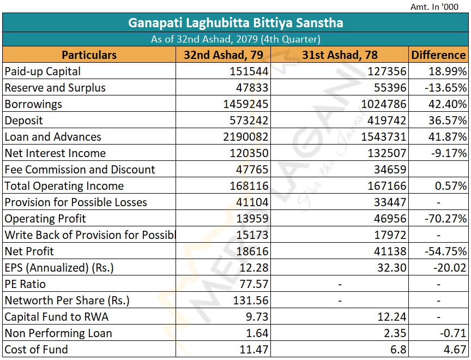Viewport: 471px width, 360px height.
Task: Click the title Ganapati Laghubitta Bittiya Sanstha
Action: point(235,23)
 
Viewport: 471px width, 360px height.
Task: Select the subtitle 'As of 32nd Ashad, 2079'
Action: point(204,39)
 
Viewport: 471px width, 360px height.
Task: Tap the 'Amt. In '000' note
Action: point(434,7)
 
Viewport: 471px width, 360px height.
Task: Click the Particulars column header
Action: point(89,55)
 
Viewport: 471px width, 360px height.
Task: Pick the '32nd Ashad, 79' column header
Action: point(223,55)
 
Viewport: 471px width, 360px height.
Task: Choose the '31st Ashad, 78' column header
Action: point(340,55)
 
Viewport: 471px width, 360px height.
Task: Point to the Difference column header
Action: point(438,55)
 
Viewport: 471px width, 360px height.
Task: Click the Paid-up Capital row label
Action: point(43,71)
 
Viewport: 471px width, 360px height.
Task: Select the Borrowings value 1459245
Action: point(245,104)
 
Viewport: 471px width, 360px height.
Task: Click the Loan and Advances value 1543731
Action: point(384,137)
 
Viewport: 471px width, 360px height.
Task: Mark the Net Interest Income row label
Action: point(55,153)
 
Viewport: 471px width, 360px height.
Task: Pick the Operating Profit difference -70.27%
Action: point(446,219)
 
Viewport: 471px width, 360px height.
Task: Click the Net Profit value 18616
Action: point(252,251)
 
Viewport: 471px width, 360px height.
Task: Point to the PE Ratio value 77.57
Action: point(254,284)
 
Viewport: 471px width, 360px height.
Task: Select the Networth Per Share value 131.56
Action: point(251,301)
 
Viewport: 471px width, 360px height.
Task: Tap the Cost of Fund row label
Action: point(37,350)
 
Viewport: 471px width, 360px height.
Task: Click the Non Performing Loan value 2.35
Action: point(395,333)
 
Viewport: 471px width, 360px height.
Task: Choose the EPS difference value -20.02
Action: point(450,268)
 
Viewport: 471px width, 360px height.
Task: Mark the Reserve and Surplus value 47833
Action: point(252,88)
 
